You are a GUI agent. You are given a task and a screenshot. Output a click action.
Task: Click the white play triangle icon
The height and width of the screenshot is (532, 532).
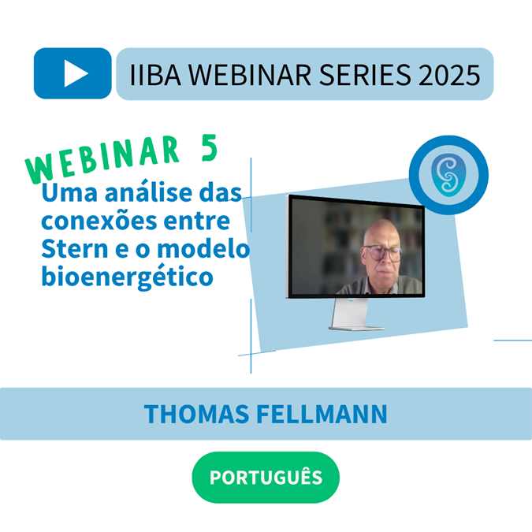click(76, 73)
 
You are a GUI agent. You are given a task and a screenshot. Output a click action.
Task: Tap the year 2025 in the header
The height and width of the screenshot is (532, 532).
click(449, 75)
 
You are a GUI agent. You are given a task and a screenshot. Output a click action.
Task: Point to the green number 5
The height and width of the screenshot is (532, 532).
click(210, 148)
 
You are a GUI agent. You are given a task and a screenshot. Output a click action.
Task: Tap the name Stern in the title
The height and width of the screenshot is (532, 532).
click(75, 249)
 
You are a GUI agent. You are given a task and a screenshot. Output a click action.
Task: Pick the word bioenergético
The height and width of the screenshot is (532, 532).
click(127, 278)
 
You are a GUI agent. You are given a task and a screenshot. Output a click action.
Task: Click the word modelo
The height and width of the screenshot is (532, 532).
click(203, 248)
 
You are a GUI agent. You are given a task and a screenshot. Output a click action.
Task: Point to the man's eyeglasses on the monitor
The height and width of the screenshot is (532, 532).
click(381, 253)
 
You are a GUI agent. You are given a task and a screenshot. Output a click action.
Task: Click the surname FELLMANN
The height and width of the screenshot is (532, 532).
click(322, 414)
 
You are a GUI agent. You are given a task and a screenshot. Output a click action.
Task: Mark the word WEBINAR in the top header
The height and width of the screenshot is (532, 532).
click(250, 75)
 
